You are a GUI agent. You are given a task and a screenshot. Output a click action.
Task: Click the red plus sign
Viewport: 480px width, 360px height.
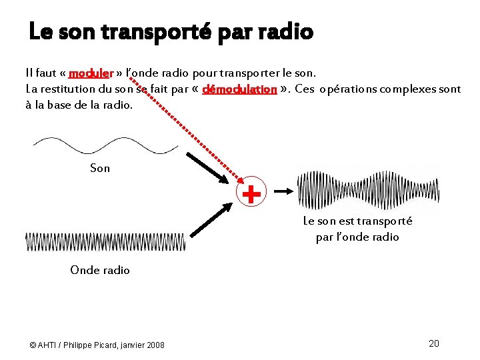(251, 193)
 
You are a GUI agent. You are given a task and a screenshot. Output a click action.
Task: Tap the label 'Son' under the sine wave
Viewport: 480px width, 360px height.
(100, 168)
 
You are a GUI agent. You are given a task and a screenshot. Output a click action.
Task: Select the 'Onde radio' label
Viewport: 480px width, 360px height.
(100, 270)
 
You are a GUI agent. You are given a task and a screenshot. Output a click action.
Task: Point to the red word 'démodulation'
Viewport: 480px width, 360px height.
(239, 89)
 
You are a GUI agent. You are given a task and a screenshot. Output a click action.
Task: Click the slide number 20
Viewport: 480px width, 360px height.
(433, 343)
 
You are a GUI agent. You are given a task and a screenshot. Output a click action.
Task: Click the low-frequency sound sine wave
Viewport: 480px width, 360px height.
(105, 145)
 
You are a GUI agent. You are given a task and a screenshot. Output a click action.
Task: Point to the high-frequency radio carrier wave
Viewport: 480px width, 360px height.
(105, 241)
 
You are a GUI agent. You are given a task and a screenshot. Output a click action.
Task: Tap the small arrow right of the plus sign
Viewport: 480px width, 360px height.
(283, 191)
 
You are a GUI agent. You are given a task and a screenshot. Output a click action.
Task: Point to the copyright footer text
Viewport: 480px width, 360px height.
(97, 345)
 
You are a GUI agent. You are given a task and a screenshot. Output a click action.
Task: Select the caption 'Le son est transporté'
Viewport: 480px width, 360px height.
(357, 221)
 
